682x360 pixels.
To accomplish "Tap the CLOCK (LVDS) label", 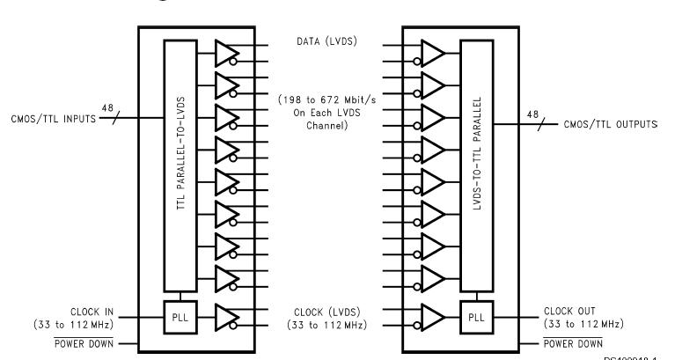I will coord(326,311).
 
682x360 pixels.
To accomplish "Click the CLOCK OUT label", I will coord(563,311).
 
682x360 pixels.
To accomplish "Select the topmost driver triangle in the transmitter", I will coord(227,53).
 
